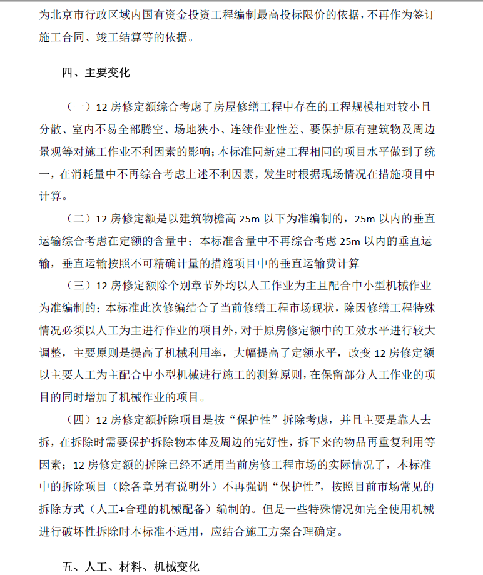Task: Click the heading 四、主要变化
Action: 95,72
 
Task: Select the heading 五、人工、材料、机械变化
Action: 130,566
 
